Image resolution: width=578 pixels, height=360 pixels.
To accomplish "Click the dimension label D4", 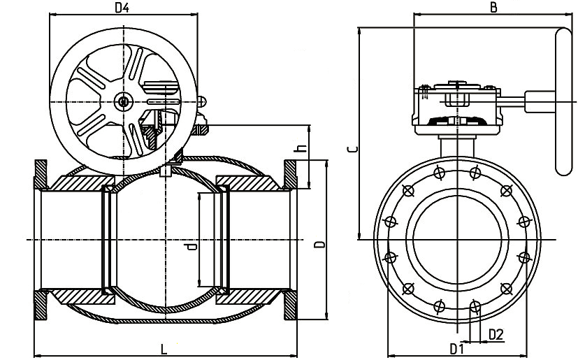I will tap(122, 8).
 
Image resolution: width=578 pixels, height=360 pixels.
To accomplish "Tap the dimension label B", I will tap(493, 8).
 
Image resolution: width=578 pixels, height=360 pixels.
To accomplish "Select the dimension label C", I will tap(353, 149).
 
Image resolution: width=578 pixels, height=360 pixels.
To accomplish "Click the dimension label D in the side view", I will tap(318, 245).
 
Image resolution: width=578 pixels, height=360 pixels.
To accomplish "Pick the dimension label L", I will tap(164, 347).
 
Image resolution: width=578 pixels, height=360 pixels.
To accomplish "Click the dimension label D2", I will tap(495, 335).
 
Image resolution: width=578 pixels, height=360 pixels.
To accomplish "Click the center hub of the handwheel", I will tap(124, 103).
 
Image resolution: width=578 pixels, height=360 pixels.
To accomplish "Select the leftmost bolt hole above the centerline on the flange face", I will tap(390, 222).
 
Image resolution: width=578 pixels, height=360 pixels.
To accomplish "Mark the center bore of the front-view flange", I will tap(457, 239).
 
